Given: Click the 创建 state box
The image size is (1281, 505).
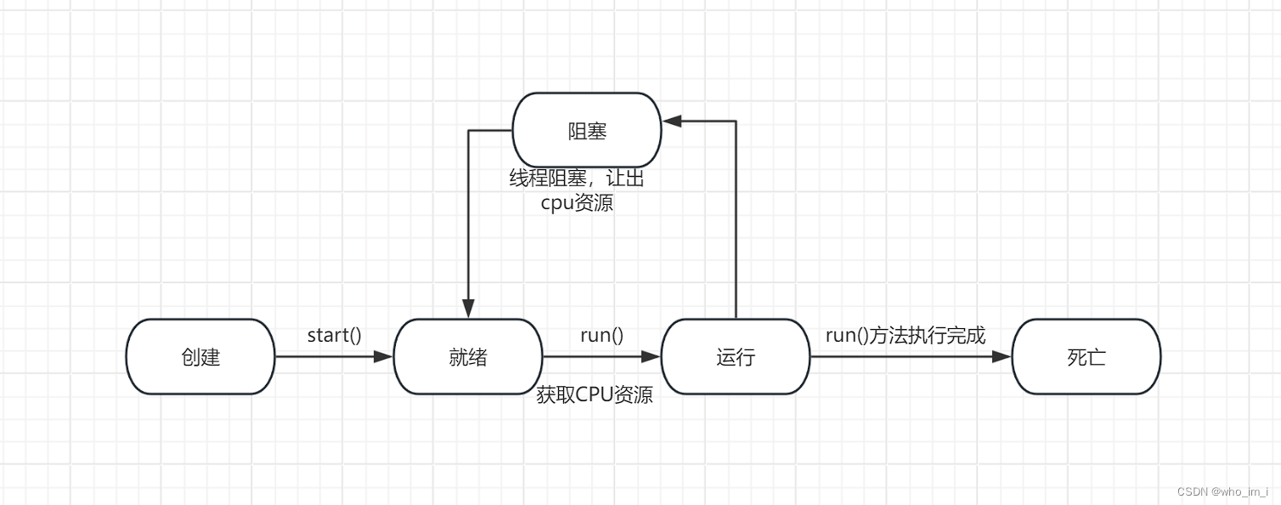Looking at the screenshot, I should (x=200, y=357).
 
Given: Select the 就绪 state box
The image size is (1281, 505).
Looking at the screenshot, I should (x=468, y=357).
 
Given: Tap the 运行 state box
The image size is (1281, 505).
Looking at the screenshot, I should (x=736, y=357).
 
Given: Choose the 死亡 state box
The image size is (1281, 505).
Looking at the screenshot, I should (x=1086, y=357).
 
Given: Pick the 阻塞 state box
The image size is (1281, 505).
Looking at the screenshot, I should (x=587, y=131).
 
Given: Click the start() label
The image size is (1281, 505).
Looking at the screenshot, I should (x=334, y=335).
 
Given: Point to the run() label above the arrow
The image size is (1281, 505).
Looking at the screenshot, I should (x=601, y=335).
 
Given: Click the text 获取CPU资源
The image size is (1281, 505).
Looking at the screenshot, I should (x=595, y=394).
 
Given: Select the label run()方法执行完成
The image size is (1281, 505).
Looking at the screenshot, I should (x=906, y=335).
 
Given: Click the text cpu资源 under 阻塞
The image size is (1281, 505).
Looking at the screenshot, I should (x=577, y=204).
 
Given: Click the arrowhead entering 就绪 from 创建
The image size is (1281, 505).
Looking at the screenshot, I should (x=385, y=357).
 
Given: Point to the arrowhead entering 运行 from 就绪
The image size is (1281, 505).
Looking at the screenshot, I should (x=652, y=357).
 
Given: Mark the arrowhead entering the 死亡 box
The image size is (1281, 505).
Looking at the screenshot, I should (x=1003, y=357).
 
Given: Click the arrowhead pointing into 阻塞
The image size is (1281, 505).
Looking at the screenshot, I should (x=672, y=122).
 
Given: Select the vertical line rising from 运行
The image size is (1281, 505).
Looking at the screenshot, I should (x=736, y=221).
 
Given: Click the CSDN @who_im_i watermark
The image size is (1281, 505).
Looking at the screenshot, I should (x=1222, y=492).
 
